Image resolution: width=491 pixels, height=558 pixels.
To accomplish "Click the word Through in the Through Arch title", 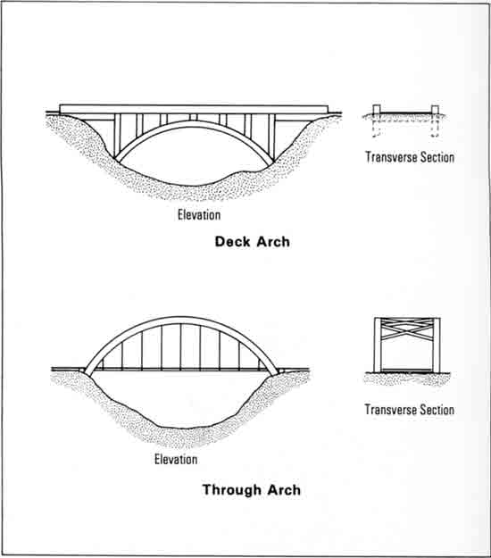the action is click(231, 490).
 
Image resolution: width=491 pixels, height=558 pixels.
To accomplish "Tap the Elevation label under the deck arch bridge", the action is click(199, 215).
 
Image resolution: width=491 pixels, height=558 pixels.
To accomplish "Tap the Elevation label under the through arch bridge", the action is click(176, 460).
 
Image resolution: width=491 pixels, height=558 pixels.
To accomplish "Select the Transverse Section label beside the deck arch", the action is click(410, 157).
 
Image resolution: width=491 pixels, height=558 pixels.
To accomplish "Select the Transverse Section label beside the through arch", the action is click(409, 410).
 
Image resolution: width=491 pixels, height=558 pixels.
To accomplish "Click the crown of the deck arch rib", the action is click(194, 123).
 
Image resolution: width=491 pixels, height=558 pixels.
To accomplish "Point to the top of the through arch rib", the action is click(180, 320).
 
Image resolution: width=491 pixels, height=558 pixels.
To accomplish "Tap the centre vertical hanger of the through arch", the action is click(180, 346).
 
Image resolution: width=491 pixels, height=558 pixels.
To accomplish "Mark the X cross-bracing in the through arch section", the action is click(407, 329).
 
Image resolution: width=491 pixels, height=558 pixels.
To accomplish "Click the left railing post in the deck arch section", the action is click(377, 109).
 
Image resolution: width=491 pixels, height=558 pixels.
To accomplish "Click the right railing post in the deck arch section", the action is click(435, 109).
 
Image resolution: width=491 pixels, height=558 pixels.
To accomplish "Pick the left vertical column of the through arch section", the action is click(377, 345).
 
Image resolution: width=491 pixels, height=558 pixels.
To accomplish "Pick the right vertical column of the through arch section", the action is click(437, 345).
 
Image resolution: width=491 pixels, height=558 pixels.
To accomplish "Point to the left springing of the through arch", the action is click(87, 372).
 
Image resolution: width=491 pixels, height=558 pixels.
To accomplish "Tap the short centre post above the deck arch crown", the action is click(193, 117).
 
